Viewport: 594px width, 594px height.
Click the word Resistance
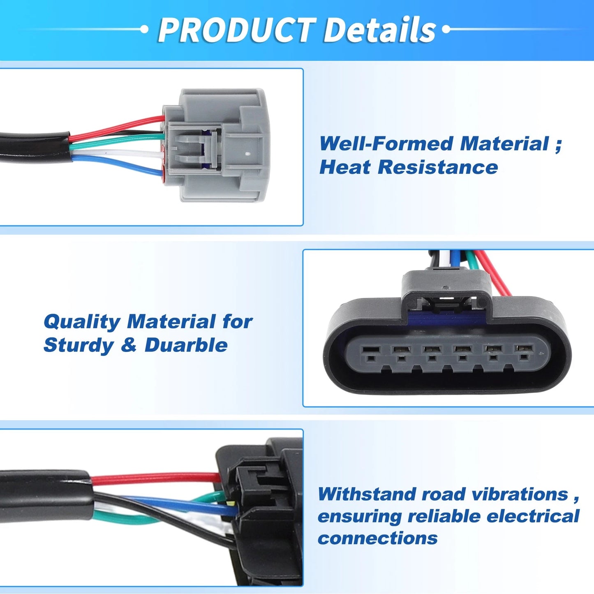coord(437,167)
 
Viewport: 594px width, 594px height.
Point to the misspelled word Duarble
coord(186,344)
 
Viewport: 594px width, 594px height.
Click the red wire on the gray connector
coord(117,126)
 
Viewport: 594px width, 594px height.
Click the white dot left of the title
coord(144,29)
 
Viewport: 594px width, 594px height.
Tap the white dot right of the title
coord(446,29)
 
